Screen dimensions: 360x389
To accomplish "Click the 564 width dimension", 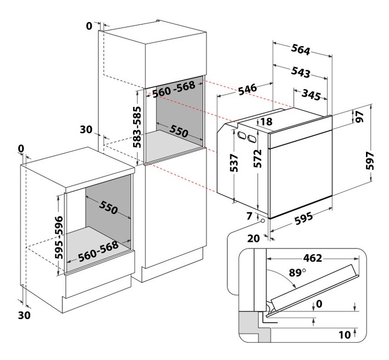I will click(x=301, y=51).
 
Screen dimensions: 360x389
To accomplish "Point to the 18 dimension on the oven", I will click(x=266, y=122).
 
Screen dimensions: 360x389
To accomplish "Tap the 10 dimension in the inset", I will click(x=344, y=334).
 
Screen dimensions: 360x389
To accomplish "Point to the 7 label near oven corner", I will click(x=249, y=216).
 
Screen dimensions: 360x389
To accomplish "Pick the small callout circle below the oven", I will click(x=263, y=221).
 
